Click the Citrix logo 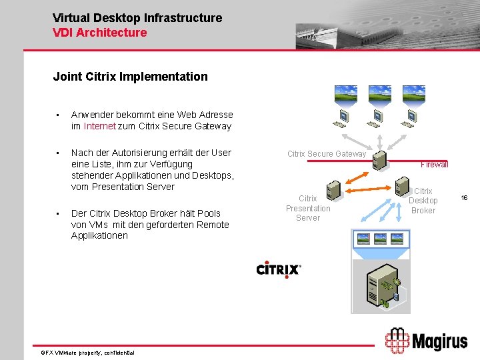pos(279,269)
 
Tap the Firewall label pos(434,164)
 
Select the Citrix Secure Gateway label pos(327,154)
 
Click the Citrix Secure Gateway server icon pos(379,160)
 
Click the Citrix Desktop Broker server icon pos(402,184)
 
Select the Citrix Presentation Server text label pos(308,208)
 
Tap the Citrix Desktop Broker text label pos(423,201)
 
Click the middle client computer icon pos(377,117)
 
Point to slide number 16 pos(464,198)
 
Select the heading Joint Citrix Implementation pos(130,77)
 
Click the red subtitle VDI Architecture pos(99,32)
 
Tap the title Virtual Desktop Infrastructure pos(137,18)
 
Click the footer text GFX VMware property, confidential pos(87,352)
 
